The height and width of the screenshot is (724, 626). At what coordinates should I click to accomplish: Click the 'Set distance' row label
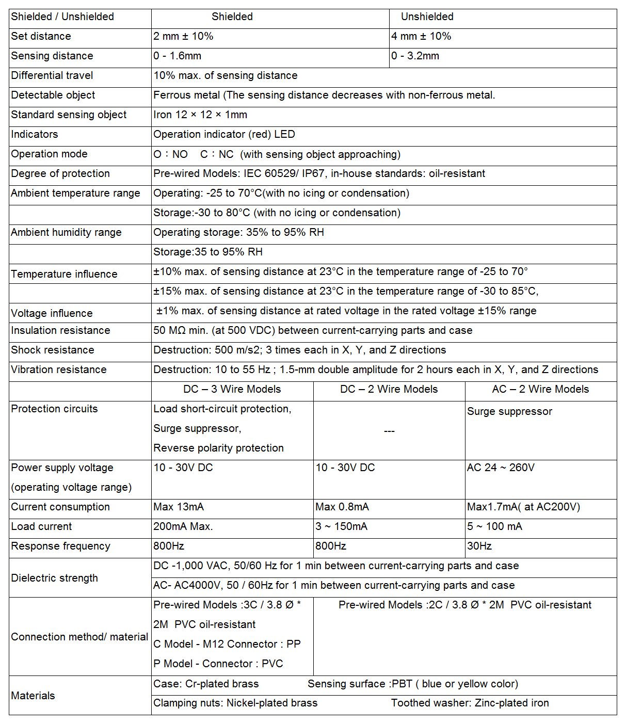coord(41,36)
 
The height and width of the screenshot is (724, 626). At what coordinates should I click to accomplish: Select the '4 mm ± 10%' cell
coord(421,36)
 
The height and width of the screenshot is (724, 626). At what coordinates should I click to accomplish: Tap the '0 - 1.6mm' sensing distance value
coord(177,56)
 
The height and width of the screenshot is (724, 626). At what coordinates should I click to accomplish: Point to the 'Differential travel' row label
coord(52,75)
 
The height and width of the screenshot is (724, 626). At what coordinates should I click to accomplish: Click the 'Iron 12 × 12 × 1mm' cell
coord(200,115)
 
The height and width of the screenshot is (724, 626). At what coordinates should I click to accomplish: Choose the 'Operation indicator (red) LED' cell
coord(224,134)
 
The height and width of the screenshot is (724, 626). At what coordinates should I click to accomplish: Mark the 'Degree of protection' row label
coord(60,173)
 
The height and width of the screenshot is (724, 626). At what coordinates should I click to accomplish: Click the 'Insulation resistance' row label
coord(60,330)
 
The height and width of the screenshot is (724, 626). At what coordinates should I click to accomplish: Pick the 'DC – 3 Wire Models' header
coord(232,389)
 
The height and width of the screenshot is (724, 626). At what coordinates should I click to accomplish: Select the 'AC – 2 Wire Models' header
coord(540,389)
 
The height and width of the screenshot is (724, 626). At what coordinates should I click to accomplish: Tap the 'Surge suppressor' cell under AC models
coord(509,411)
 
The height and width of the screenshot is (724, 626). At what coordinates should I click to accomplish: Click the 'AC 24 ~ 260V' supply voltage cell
coord(501,468)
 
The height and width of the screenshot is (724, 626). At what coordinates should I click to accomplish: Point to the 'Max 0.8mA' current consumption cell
coord(342,507)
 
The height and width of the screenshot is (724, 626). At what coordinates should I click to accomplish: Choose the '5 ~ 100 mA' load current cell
coord(494,526)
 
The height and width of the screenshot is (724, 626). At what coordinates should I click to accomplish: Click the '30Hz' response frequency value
coord(479,546)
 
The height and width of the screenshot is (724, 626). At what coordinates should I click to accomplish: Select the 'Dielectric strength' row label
coord(54,578)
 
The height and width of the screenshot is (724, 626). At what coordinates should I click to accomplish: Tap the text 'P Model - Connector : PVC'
coord(218,664)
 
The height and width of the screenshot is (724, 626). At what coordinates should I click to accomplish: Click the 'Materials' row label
coord(33,696)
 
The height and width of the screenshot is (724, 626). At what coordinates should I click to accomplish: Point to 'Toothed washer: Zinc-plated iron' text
coord(470,703)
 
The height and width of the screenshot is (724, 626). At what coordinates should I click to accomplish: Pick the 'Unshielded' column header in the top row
coord(427,17)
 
